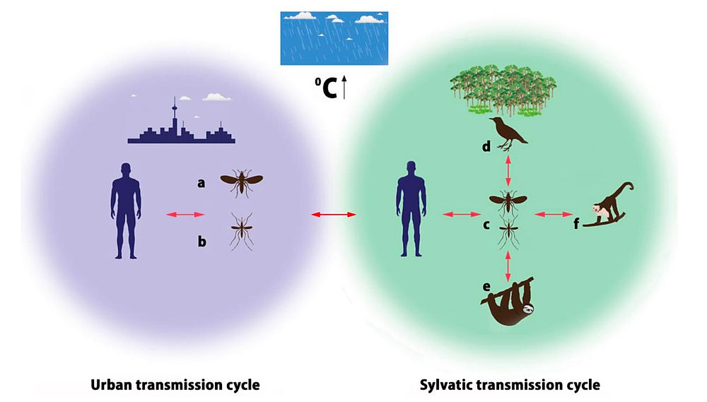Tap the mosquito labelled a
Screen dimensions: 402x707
point(241,183)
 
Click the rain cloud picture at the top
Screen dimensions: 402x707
point(334,38)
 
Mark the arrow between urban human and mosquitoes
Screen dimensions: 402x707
point(185,214)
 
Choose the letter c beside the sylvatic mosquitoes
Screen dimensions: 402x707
point(486,226)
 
